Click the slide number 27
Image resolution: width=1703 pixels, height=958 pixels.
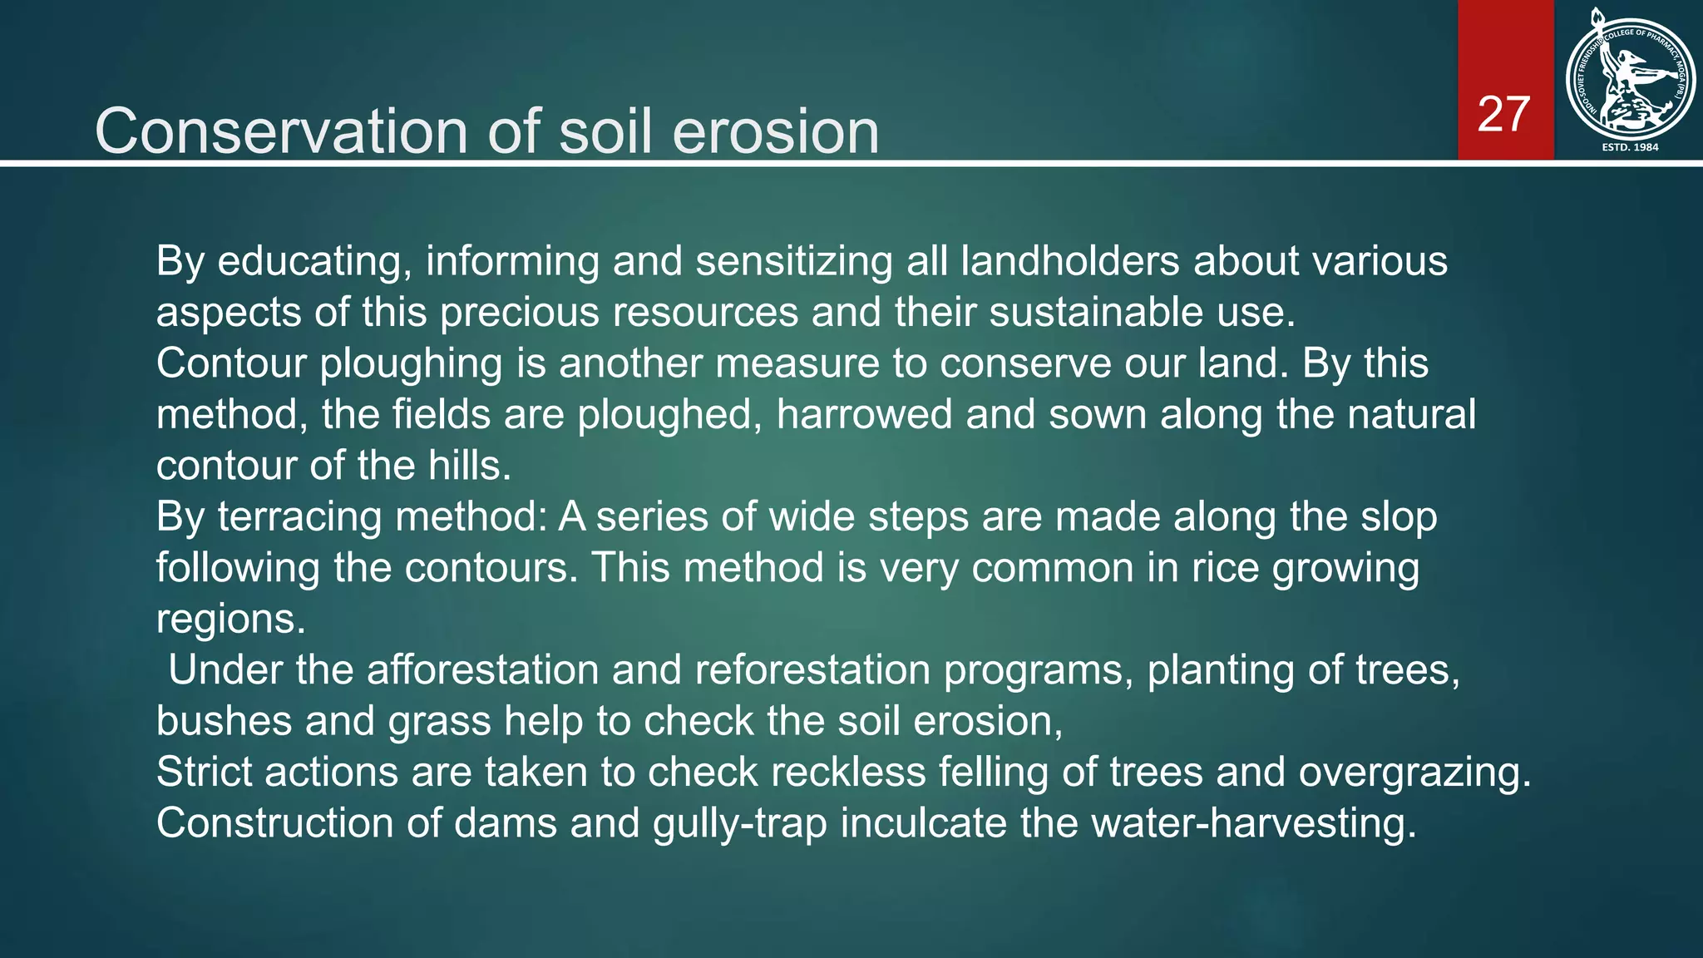pos(1503,115)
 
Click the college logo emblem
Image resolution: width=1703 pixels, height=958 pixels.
pos(1629,80)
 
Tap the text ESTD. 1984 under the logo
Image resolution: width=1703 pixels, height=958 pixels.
pos(1630,147)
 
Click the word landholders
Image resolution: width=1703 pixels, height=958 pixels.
pos(1069,261)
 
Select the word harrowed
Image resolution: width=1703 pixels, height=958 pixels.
pos(864,414)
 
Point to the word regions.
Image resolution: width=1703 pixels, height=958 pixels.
pos(230,620)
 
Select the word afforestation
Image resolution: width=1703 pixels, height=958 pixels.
pos(482,670)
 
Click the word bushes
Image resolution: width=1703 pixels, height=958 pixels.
pos(224,721)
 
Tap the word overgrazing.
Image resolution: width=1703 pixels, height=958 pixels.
pos(1414,773)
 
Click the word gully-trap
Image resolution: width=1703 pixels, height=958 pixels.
pos(740,823)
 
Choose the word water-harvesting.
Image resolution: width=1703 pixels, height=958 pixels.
pos(1253,823)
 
